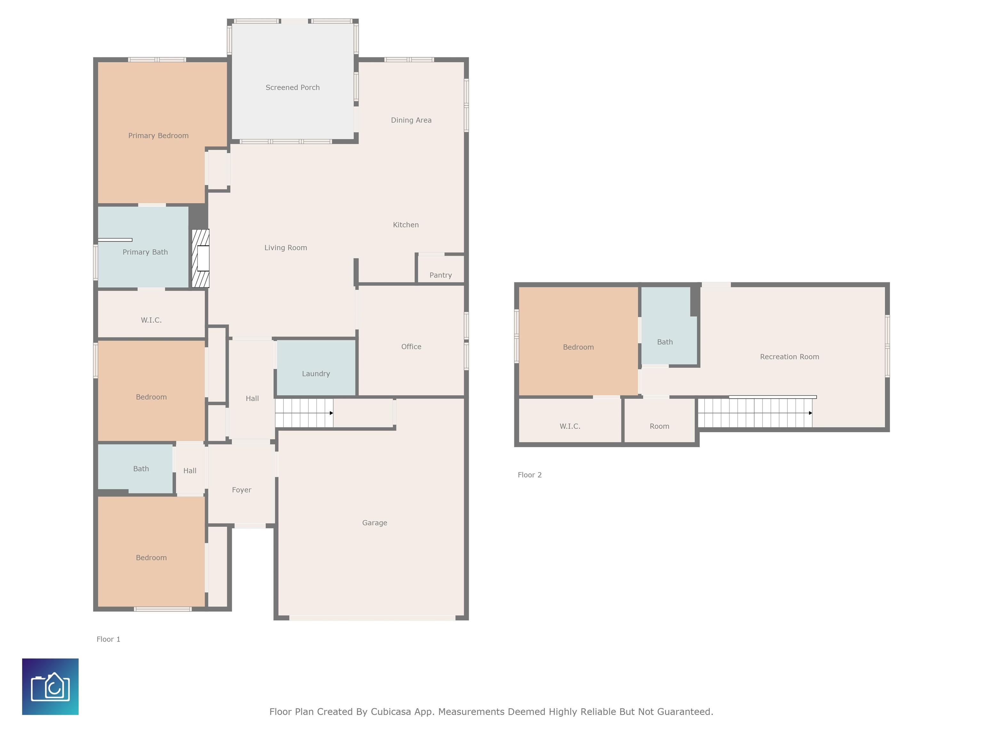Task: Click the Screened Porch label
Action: [x=292, y=88]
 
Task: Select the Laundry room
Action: [x=316, y=368]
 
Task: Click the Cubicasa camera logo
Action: [x=50, y=686]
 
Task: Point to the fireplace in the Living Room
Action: [x=200, y=258]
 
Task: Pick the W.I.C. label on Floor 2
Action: [x=570, y=426]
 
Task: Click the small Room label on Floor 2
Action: [x=659, y=426]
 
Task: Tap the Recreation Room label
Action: [x=790, y=357]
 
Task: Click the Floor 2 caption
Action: [x=530, y=475]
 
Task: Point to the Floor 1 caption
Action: [x=108, y=639]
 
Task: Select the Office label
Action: [x=411, y=346]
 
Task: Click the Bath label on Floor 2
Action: [x=665, y=342]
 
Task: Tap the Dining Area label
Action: [x=411, y=120]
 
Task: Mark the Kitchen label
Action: [x=406, y=225]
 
